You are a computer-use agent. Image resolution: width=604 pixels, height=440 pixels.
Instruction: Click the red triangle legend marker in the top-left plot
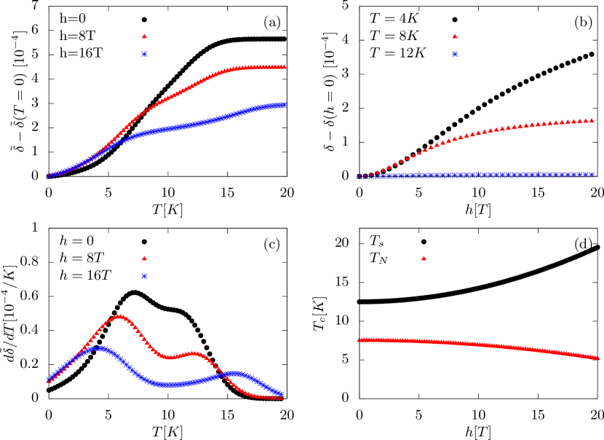point(144,36)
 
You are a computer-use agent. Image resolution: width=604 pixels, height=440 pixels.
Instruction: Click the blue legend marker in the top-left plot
point(144,54)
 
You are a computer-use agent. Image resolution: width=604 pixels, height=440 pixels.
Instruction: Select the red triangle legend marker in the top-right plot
point(455,36)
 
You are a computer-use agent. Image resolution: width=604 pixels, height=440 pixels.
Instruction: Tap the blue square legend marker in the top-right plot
point(455,54)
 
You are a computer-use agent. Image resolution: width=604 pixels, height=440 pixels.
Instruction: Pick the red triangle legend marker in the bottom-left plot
point(144,258)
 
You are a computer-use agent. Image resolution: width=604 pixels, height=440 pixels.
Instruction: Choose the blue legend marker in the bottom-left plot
point(144,276)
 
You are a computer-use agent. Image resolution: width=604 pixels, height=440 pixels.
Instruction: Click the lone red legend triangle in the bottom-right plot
point(424,258)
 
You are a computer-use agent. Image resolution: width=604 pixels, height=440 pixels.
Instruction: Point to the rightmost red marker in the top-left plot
point(283,67)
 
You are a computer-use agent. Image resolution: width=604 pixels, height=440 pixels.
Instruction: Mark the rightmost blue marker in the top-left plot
point(283,106)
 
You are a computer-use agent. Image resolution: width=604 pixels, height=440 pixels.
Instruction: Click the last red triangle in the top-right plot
point(591,120)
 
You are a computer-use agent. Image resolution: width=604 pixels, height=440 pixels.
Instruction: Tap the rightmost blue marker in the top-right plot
point(592,174)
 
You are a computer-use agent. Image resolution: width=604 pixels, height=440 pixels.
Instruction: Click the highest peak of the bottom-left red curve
point(119,316)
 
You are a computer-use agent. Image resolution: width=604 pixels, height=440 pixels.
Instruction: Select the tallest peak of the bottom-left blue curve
point(100,348)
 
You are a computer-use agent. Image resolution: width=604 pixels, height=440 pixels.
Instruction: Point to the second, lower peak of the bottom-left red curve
point(194,353)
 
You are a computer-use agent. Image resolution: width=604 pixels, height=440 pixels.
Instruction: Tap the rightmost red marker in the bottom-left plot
point(281,398)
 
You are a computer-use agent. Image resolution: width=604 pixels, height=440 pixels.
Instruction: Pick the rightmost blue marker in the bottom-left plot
point(281,393)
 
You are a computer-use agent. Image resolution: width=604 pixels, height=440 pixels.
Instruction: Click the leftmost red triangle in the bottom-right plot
point(358,339)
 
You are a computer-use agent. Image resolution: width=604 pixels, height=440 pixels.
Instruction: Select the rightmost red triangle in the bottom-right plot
point(598,358)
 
